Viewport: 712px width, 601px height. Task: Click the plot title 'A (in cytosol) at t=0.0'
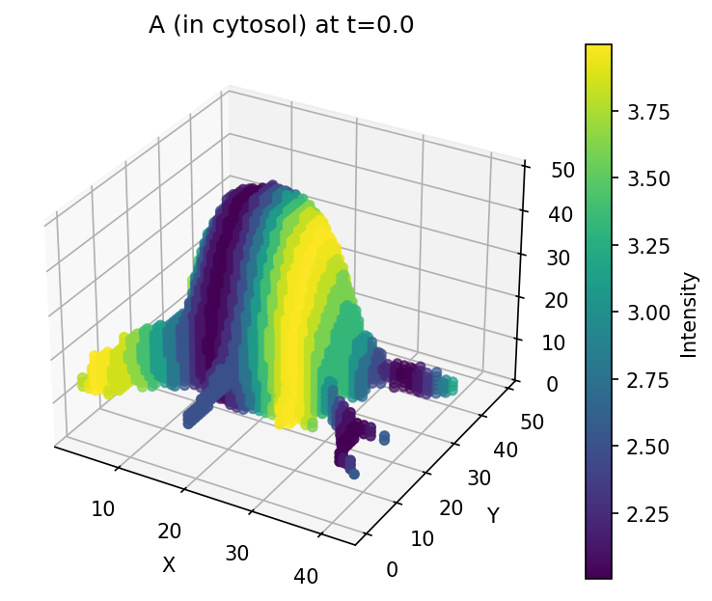point(281,26)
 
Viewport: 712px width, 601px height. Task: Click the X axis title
point(169,565)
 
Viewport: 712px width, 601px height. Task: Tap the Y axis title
point(493,516)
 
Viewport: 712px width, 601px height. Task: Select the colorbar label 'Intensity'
point(689,314)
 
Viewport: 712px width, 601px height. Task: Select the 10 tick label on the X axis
point(103,508)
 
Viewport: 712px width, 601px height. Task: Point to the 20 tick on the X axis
point(170,531)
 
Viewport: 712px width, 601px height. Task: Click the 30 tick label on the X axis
point(237,554)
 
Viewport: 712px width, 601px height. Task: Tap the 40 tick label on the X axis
point(306,577)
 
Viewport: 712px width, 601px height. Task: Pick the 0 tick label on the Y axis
point(391,570)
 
